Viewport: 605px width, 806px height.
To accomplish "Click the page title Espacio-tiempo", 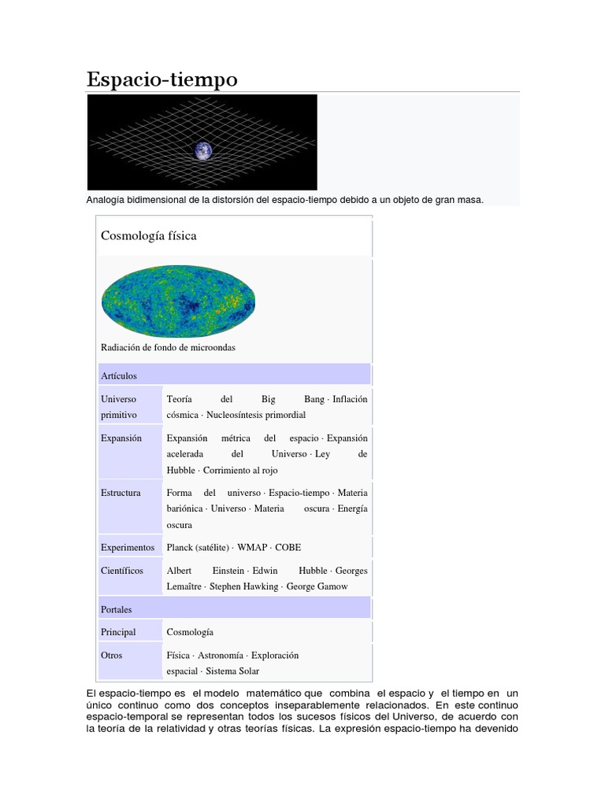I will coord(161,79).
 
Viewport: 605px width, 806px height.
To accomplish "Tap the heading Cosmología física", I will coord(149,235).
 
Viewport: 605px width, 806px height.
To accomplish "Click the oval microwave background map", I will coord(179,301).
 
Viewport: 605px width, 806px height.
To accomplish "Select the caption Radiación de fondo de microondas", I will coord(168,347).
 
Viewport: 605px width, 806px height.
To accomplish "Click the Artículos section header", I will coord(119,375).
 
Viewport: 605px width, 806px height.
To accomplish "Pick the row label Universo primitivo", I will coord(119,406).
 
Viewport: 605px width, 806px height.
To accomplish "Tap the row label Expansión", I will coord(121,438).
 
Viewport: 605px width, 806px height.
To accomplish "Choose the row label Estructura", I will coord(121,493).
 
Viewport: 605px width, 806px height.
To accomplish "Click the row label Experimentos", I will coord(128,547).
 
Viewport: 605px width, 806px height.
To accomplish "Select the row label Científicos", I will coord(122,571).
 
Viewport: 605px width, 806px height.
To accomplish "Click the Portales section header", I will coord(117,609).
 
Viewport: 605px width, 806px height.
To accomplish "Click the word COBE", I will coord(288,547).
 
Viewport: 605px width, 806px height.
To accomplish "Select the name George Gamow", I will coord(317,586).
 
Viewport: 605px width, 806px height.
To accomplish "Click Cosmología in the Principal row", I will coord(190,632).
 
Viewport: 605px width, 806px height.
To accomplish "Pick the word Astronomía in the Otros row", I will coord(220,655).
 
